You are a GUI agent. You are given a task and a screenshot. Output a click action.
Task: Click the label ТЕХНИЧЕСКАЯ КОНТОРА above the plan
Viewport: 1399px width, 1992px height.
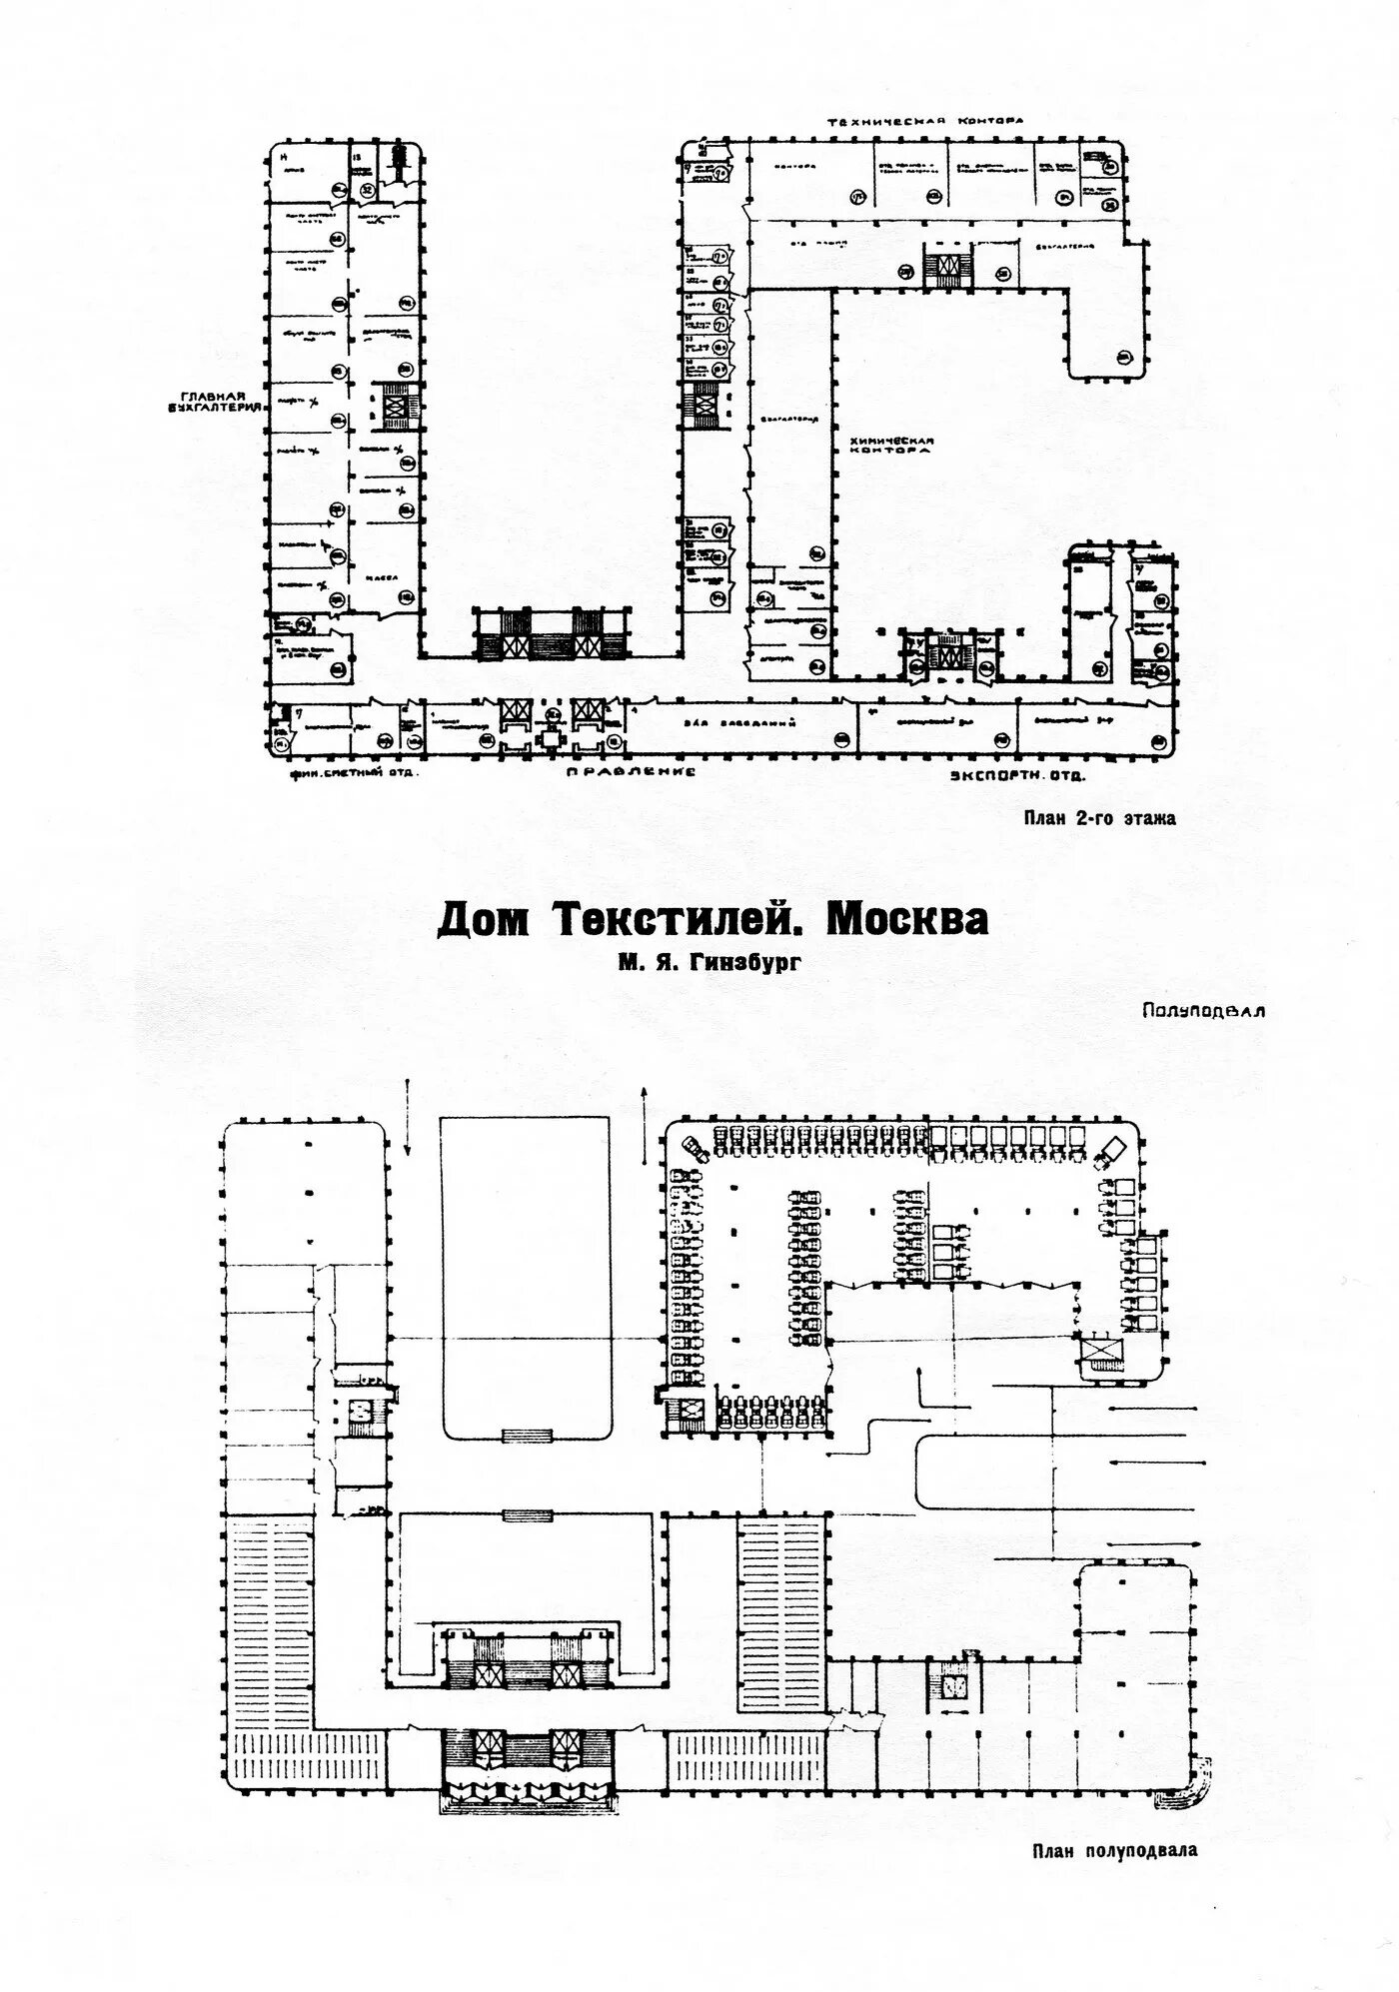[924, 121]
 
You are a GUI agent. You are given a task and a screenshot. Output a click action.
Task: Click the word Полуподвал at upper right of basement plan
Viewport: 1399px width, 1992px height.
[1203, 1010]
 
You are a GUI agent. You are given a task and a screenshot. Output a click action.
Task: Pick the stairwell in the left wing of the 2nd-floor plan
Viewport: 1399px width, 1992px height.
[397, 405]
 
